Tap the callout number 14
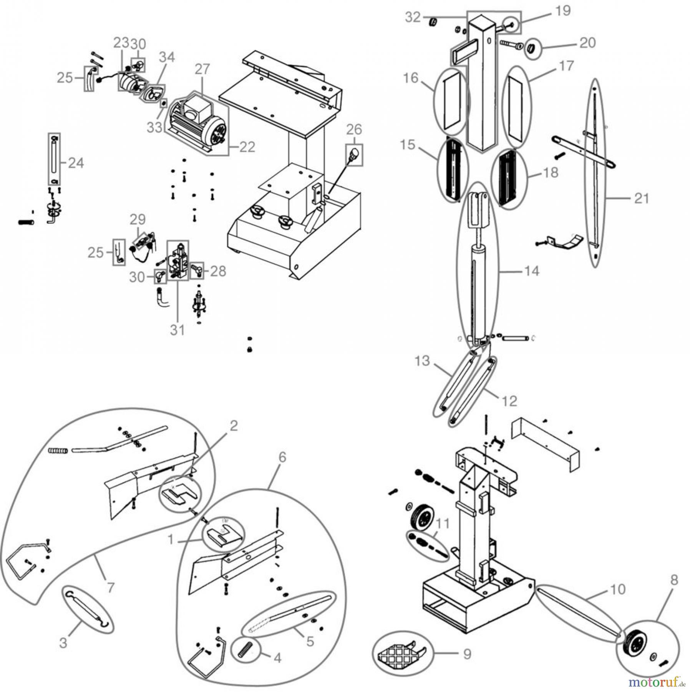point(532,271)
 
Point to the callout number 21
point(641,199)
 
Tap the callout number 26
point(354,130)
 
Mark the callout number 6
point(282,457)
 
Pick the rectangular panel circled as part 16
point(451,101)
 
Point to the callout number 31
point(177,330)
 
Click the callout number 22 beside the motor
point(247,147)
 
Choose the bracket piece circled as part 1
point(223,535)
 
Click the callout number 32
point(413,17)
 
